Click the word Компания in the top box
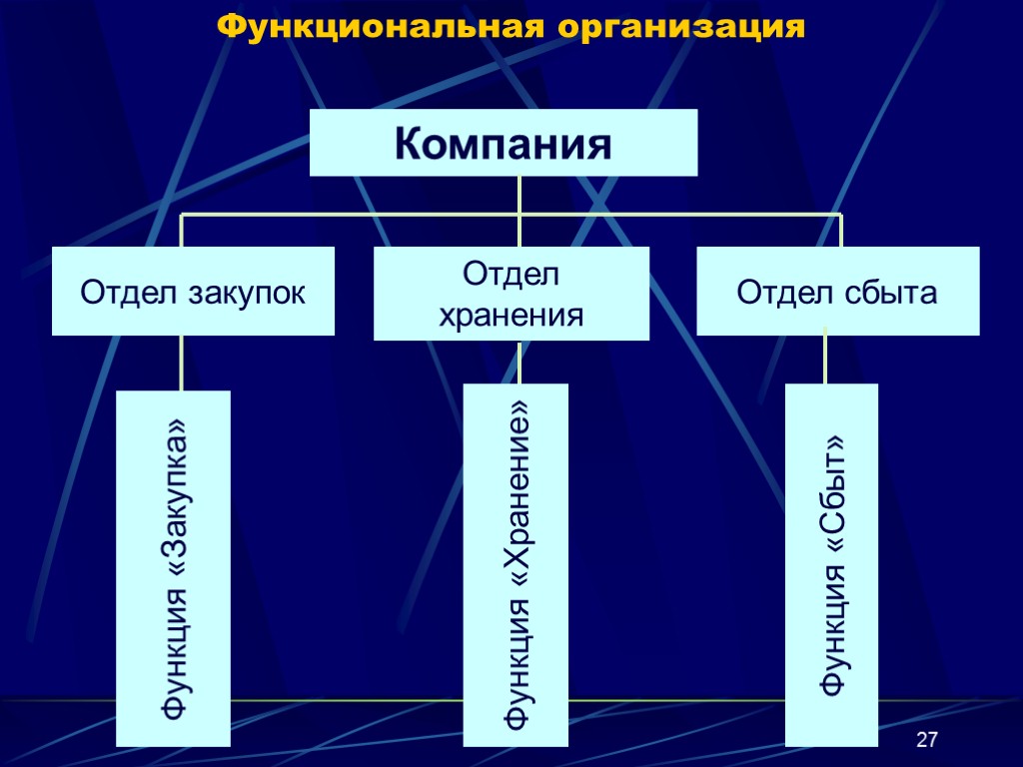point(503,144)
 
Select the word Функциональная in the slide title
point(381,26)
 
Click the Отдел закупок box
point(193,291)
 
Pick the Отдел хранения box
point(511,294)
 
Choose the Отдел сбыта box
point(837,291)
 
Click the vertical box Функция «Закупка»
point(174,568)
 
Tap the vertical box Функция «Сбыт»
point(831,565)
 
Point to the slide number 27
point(927,740)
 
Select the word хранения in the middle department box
point(511,317)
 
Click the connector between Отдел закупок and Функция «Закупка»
point(182,362)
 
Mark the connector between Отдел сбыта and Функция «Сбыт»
point(825,358)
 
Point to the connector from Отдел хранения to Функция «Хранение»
point(520,362)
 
